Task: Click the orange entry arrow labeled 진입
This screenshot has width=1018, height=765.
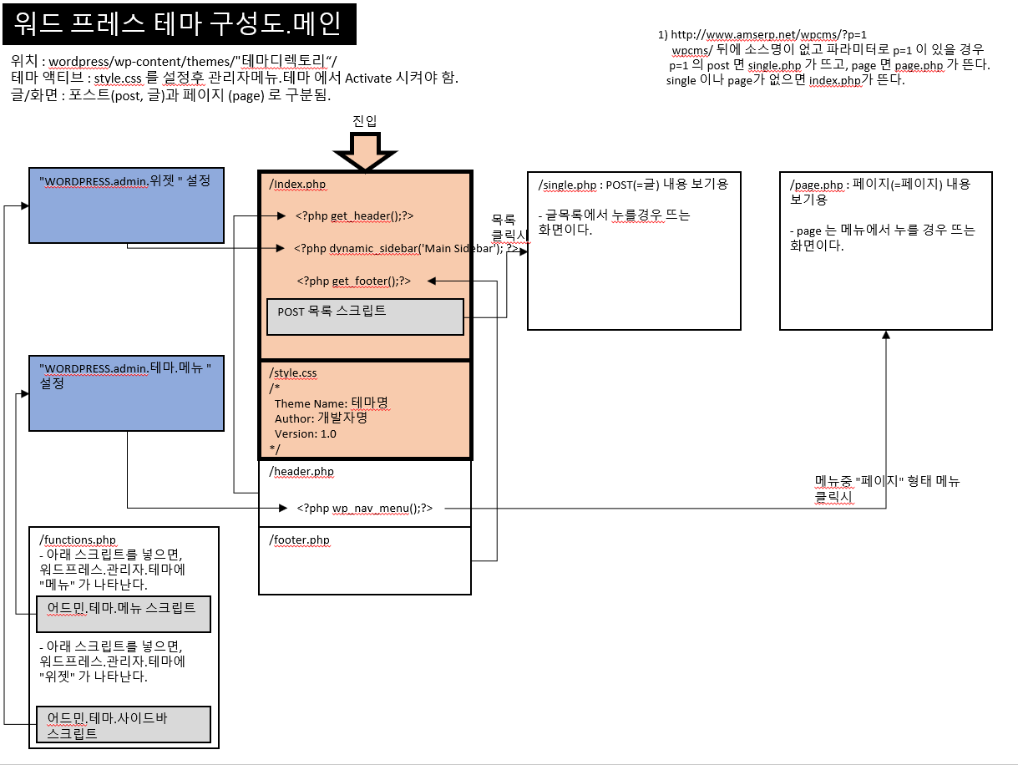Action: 365,153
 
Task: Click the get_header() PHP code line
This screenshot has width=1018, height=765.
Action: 355,215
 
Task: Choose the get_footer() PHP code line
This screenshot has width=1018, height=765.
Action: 353,281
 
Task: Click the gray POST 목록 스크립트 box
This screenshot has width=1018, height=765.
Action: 365,317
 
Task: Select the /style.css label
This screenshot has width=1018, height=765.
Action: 292,372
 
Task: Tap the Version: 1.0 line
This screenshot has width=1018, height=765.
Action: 306,433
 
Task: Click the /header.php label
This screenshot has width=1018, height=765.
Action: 301,471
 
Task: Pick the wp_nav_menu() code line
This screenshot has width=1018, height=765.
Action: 365,507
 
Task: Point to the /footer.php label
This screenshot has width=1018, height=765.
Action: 300,540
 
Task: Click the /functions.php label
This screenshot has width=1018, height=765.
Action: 78,540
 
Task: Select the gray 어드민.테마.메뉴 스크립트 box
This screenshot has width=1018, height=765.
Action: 123,614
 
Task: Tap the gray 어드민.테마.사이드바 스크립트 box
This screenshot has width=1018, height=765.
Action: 123,725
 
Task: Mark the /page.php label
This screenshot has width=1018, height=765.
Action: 816,184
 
